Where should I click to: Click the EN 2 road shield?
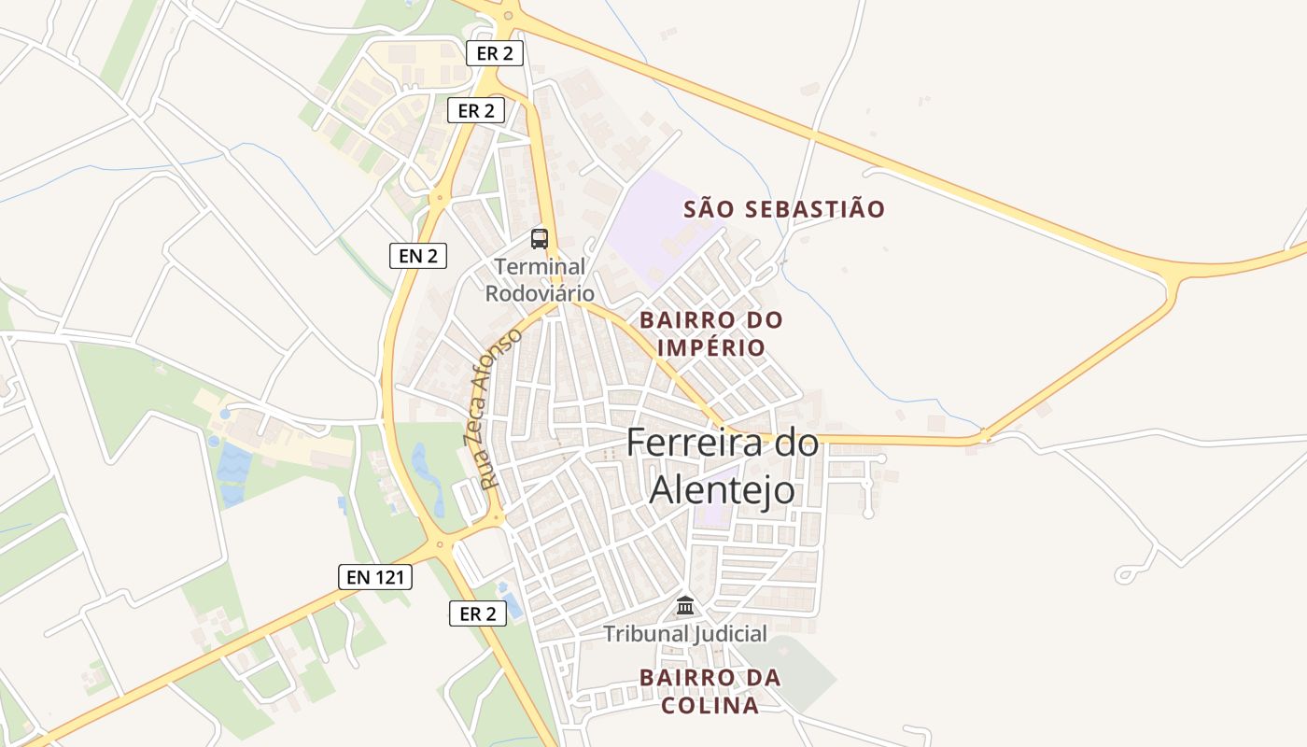coord(418,255)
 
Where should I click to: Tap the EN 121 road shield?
coord(375,577)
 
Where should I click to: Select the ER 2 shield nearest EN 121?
coord(478,613)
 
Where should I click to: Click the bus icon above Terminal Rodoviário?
coord(540,239)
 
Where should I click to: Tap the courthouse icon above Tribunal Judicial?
coord(685,606)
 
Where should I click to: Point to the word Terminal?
coord(540,267)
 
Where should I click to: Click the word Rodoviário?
coord(540,292)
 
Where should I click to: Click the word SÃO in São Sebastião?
coord(710,209)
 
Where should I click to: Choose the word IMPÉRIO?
coord(711,348)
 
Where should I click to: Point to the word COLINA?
coord(710,705)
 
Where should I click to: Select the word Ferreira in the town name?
coord(697,443)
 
